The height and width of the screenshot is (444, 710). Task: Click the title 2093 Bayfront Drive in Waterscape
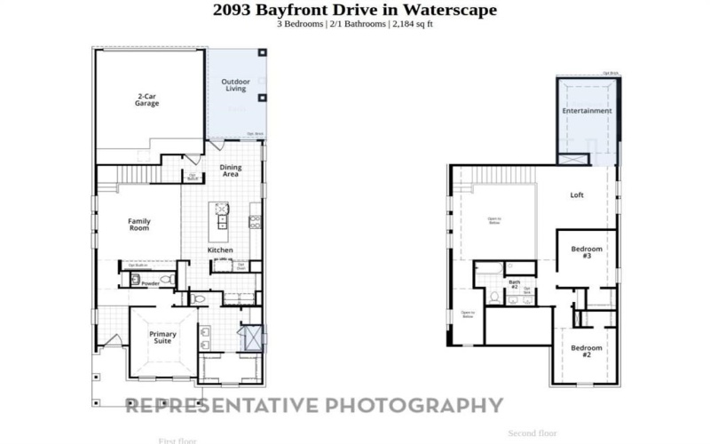click(355, 10)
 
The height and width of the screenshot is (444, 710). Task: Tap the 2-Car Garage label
click(146, 100)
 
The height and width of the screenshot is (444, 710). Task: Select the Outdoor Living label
click(234, 85)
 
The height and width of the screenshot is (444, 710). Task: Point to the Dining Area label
click(230, 171)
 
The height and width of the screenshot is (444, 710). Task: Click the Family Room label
click(139, 225)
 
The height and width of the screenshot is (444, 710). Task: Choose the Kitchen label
click(220, 250)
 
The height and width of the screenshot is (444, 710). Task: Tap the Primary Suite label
click(162, 337)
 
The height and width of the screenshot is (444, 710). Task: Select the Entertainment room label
click(587, 111)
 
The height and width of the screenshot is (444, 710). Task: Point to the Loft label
click(576, 194)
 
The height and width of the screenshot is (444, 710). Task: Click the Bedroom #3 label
click(587, 252)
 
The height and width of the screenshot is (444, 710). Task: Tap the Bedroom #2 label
click(587, 351)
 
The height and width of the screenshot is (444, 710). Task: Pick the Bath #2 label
click(514, 285)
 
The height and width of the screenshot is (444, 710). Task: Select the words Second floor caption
click(532, 433)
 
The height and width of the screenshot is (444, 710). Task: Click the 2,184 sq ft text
click(413, 23)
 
